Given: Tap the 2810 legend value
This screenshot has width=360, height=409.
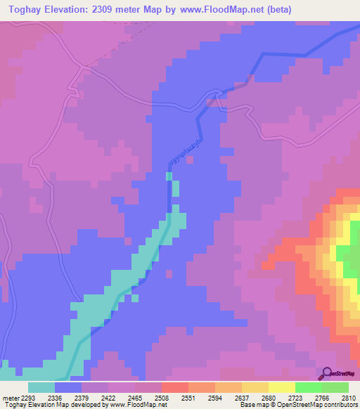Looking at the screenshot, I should [x=349, y=398].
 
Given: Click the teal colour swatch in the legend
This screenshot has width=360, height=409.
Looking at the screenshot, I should [x=41, y=387].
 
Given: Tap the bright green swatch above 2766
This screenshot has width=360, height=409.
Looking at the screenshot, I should [x=309, y=387].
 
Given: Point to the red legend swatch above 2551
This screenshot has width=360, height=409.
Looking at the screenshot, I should [x=175, y=387].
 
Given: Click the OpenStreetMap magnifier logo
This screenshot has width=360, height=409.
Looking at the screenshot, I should [x=326, y=374].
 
